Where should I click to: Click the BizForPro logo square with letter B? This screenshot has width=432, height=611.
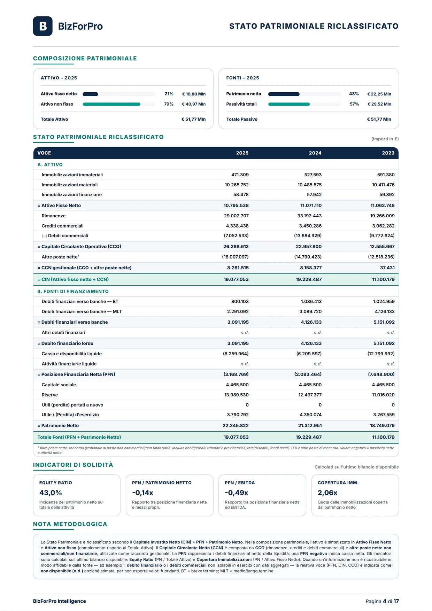(x=43, y=26)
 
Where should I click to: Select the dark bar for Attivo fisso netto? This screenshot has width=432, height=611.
(x=90, y=94)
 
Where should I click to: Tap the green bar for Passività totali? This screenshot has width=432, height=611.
(x=289, y=104)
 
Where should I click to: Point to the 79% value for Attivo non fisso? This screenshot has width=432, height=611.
(x=169, y=104)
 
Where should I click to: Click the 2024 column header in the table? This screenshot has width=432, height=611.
(x=315, y=153)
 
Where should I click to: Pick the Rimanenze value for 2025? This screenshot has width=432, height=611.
(x=236, y=216)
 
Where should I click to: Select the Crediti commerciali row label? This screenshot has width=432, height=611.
(x=62, y=226)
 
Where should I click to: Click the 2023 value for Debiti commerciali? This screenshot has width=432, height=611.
(x=382, y=236)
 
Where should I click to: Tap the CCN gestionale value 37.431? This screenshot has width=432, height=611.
(x=387, y=268)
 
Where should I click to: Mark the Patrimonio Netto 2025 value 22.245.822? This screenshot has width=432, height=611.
(x=236, y=426)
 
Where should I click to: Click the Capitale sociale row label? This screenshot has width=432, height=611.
(x=59, y=385)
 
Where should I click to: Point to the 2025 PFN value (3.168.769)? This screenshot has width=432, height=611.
(x=236, y=374)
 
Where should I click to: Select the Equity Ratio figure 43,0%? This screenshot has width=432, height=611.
(x=51, y=493)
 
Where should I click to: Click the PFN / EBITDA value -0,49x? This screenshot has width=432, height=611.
(x=236, y=493)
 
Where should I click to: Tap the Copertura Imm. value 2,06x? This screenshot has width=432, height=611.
(x=327, y=493)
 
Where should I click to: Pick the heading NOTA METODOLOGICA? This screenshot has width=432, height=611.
(x=70, y=524)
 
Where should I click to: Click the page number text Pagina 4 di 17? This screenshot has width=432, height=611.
(x=382, y=601)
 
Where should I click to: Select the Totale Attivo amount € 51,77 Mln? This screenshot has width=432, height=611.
(x=193, y=119)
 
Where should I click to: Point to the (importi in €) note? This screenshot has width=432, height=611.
(x=385, y=139)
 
